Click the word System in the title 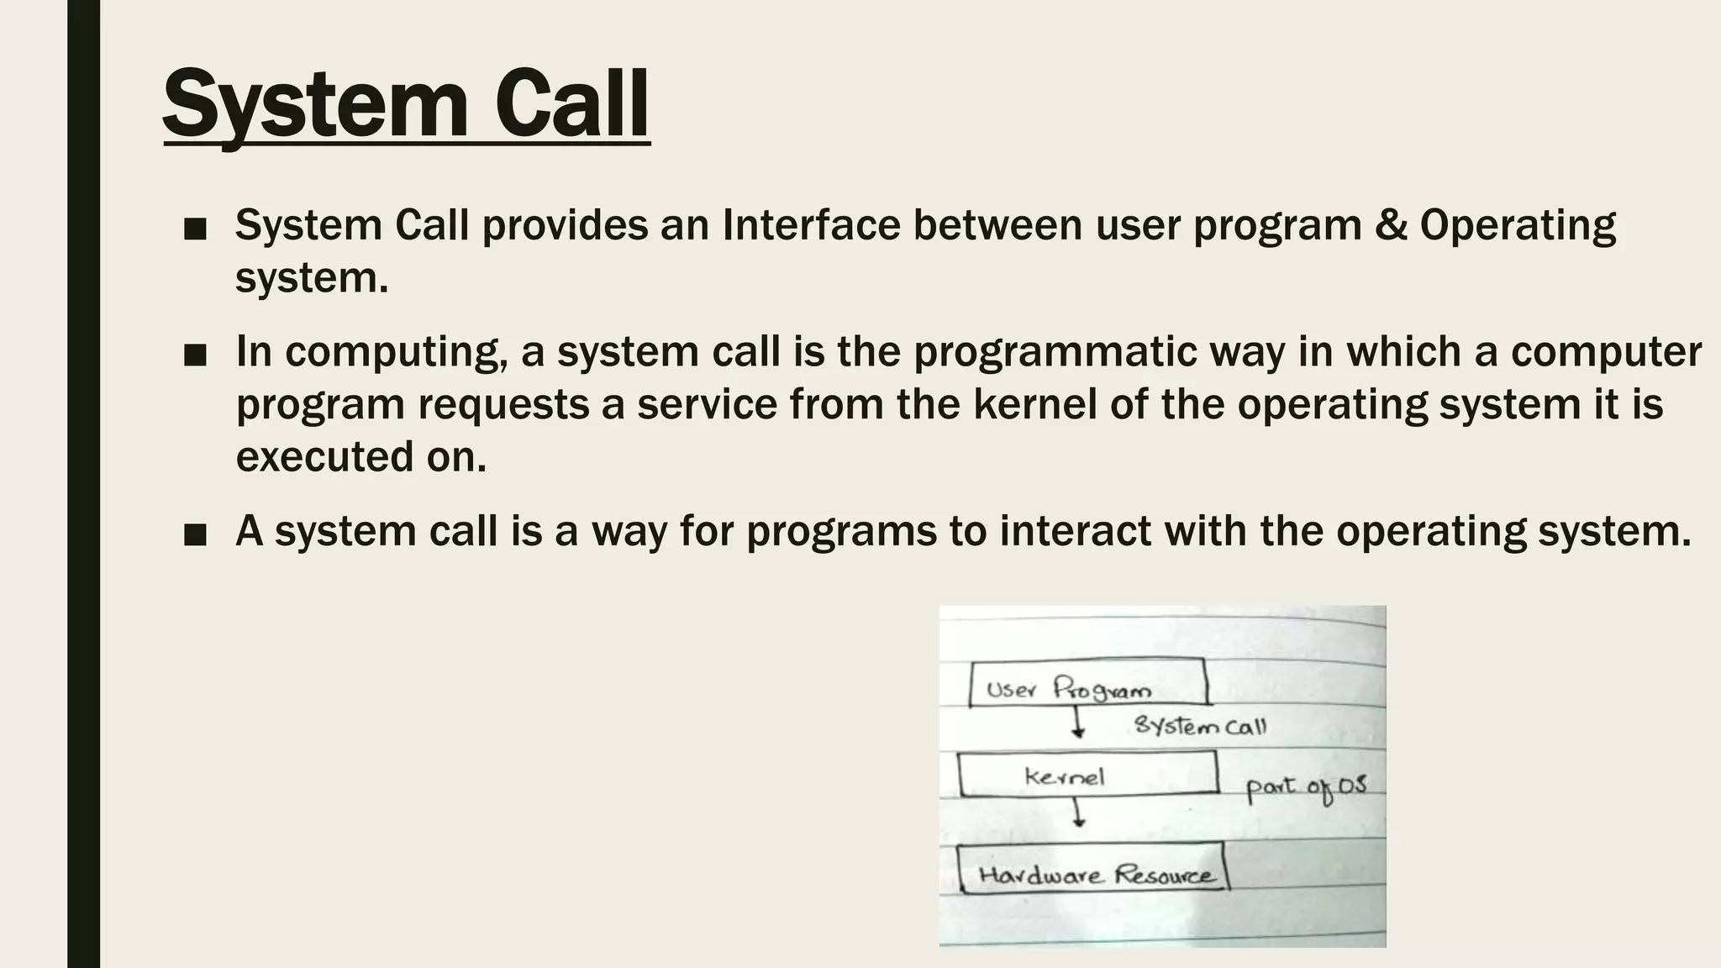pyautogui.click(x=315, y=104)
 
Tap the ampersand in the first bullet pyautogui.click(x=1391, y=225)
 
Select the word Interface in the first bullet pyautogui.click(x=811, y=225)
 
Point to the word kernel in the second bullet pyautogui.click(x=1035, y=404)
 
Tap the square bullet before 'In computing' pyautogui.click(x=195, y=355)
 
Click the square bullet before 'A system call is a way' pyautogui.click(x=195, y=534)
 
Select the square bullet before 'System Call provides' pyautogui.click(x=195, y=229)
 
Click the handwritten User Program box pyautogui.click(x=1088, y=682)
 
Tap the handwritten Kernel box pyautogui.click(x=1087, y=774)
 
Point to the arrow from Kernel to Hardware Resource pyautogui.click(x=1078, y=813)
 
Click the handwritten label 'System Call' pyautogui.click(x=1199, y=725)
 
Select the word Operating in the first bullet pyautogui.click(x=1518, y=225)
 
